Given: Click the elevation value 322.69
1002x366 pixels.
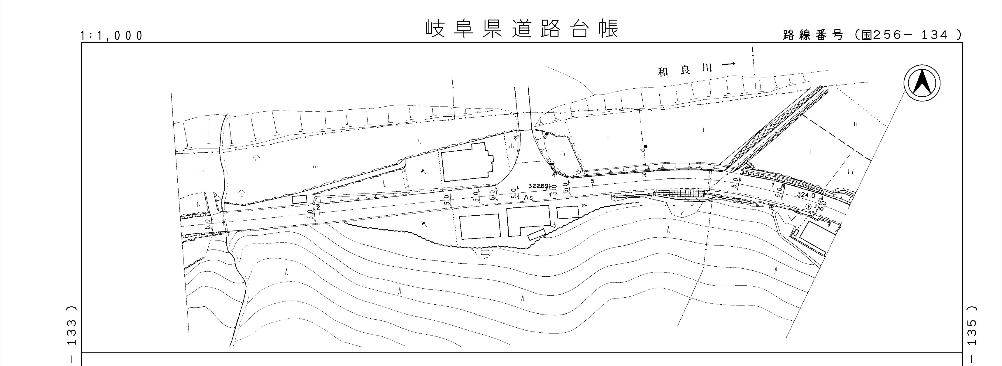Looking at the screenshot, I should click(x=539, y=186).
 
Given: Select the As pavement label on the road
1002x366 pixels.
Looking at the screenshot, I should click(x=528, y=197).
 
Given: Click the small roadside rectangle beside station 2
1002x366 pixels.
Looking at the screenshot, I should click(x=300, y=199).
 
